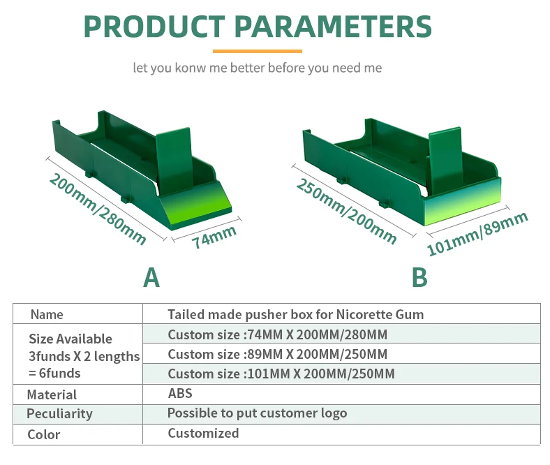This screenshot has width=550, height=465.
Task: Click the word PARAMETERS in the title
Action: pos(333,26)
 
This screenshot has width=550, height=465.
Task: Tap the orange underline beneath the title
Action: pos(257,51)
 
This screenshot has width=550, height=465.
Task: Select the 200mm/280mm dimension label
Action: pos(97,209)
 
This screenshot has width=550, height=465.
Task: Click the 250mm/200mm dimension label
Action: pos(346,211)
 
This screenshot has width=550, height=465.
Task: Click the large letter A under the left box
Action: pos(151,277)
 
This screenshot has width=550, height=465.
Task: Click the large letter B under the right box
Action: pos(419,277)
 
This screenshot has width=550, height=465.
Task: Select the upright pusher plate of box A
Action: pos(174,157)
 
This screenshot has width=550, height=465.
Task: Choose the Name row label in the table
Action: pos(47,314)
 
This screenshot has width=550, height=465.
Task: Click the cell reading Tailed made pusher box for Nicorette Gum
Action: pos(295,314)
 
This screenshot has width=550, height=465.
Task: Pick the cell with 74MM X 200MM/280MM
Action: pos(277,334)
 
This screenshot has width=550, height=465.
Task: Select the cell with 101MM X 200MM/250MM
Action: pos(281,374)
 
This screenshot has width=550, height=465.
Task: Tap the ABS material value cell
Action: pos(180,393)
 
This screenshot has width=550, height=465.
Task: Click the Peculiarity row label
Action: pos(59,413)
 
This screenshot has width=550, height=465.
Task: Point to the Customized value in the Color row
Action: pos(203,433)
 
